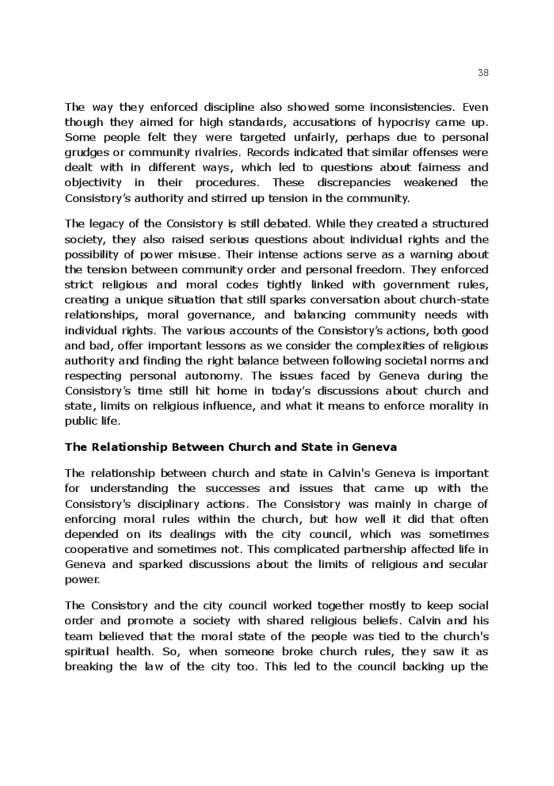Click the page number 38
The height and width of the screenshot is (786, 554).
(483, 72)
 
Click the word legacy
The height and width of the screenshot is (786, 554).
(106, 224)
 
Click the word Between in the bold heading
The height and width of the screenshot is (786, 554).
(200, 447)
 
